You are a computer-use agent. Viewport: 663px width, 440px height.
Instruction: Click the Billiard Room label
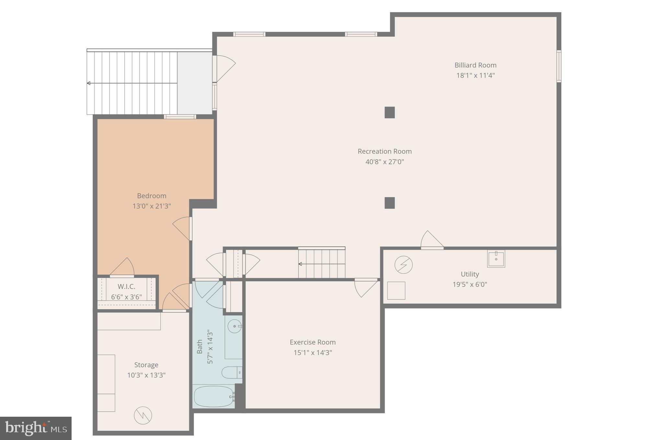tap(475, 65)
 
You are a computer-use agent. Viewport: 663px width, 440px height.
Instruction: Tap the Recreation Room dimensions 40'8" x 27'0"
tap(384, 162)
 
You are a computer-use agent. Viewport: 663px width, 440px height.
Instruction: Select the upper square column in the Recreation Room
tap(389, 113)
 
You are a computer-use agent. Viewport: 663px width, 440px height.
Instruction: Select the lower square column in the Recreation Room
tap(389, 203)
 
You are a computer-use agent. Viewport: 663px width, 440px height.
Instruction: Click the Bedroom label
tap(152, 196)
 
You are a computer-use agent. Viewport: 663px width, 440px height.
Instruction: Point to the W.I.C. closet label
tap(126, 287)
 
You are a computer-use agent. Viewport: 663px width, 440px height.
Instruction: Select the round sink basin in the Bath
tap(234, 326)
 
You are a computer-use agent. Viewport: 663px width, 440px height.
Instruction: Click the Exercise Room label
tap(313, 342)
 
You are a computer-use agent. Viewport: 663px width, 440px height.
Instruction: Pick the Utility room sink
tap(496, 258)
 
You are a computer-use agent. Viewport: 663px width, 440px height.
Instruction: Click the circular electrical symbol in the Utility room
tap(403, 265)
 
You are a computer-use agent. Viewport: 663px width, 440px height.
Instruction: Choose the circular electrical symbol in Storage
tap(143, 415)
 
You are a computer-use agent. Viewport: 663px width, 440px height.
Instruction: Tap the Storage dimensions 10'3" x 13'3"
tap(146, 375)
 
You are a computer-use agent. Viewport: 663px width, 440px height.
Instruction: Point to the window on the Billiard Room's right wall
tap(559, 66)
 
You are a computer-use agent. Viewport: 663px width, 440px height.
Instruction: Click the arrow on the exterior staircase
tap(89, 83)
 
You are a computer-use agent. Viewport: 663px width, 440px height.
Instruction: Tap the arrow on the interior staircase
tap(300, 264)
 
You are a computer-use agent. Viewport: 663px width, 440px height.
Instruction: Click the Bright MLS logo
tap(36, 428)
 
